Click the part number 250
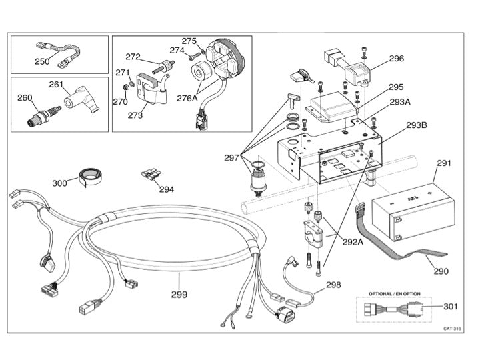pyautogui.click(x=42, y=62)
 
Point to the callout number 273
pyautogui.click(x=135, y=115)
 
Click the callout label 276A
pyautogui.click(x=187, y=98)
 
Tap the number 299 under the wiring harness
pyautogui.click(x=179, y=294)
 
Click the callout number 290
pyautogui.click(x=441, y=271)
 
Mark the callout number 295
pyautogui.click(x=396, y=87)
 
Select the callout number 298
pyautogui.click(x=333, y=285)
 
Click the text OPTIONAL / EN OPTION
pyautogui.click(x=395, y=293)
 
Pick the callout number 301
pyautogui.click(x=451, y=307)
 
